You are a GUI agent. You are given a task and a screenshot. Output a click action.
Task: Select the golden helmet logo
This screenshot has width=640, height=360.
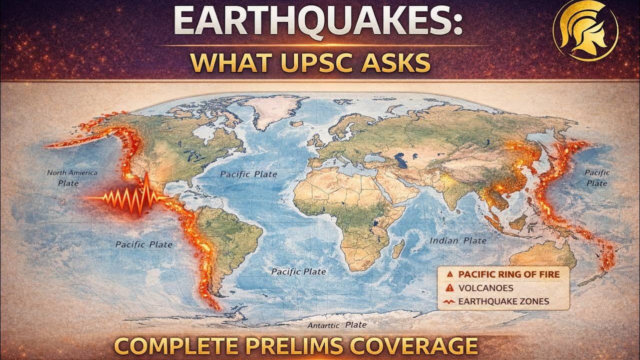585,30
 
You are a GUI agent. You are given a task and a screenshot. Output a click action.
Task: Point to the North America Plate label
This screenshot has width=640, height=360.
72,177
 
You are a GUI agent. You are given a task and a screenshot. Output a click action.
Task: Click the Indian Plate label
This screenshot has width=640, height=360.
458,240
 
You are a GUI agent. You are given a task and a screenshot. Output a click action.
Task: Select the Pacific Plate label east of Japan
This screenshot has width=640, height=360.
597,177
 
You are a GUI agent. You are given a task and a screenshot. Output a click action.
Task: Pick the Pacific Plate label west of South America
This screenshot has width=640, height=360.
143,244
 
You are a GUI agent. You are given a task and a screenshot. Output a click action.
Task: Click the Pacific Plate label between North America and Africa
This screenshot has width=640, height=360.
248,174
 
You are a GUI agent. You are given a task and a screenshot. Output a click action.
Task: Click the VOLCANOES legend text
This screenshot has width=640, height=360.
485,287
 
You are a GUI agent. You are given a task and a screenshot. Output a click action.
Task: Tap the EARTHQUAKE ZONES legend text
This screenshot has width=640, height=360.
503,301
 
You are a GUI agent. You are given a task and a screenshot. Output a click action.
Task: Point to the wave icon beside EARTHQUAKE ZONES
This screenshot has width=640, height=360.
449,301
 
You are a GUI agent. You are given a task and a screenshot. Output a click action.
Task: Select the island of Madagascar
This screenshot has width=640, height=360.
398,248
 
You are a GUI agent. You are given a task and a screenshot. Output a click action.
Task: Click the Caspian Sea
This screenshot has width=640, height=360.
399,160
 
